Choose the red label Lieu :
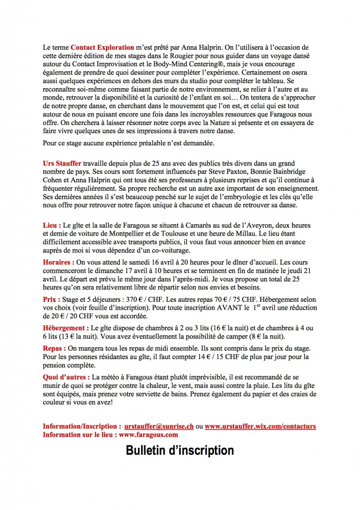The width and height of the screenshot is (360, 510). pyautogui.click(x=52, y=226)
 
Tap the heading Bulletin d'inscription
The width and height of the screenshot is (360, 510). pyautogui.click(x=180, y=451)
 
